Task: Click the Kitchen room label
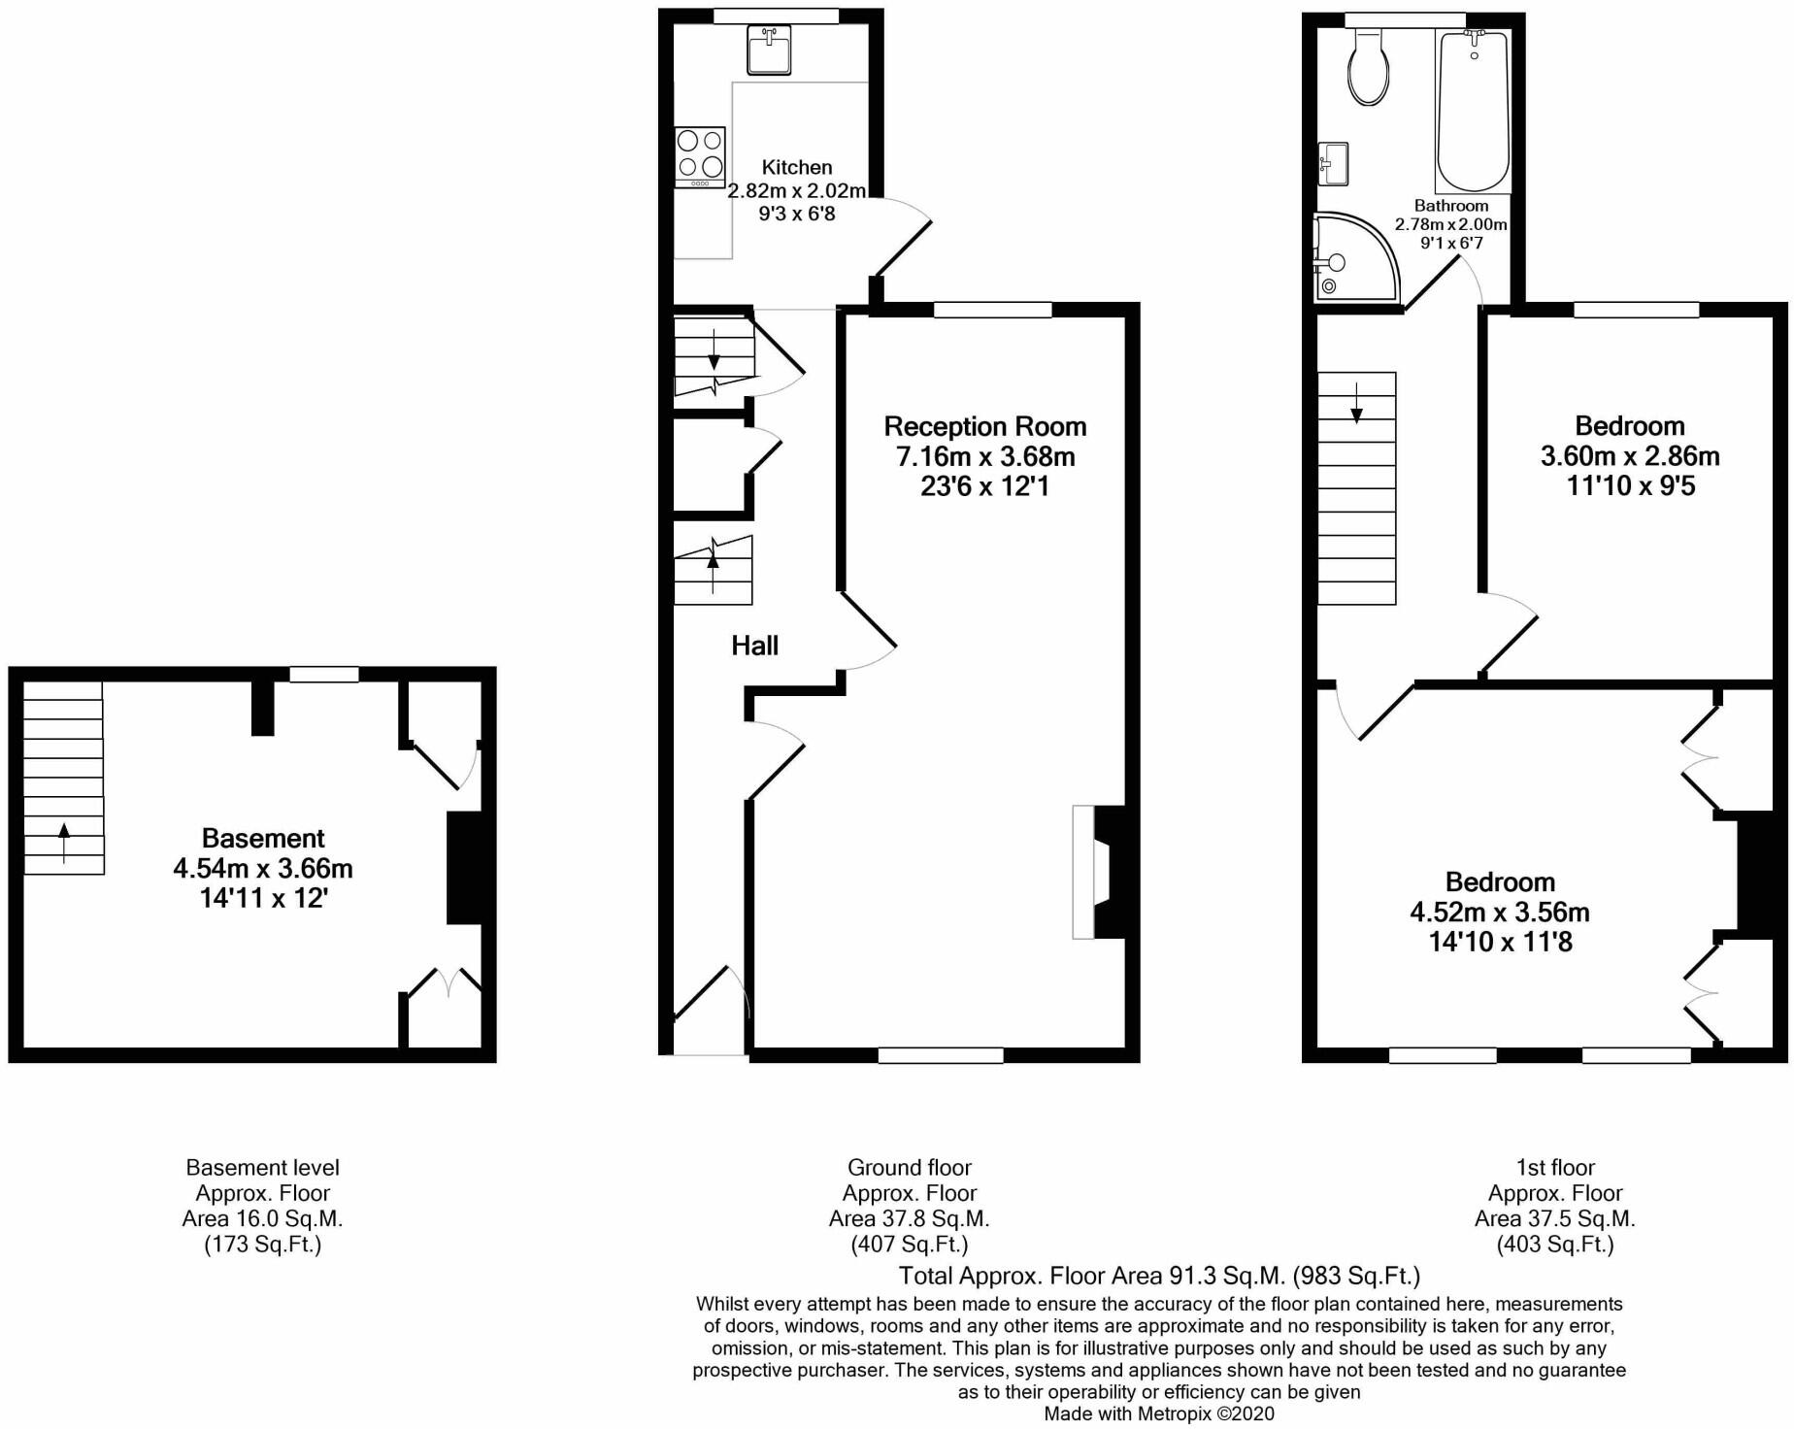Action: click(x=796, y=167)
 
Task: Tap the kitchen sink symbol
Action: click(x=769, y=50)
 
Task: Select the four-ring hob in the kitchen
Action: click(x=700, y=156)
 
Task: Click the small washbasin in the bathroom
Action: click(x=1334, y=163)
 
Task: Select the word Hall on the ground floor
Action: click(x=754, y=646)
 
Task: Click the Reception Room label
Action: click(x=984, y=426)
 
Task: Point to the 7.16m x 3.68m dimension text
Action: click(x=984, y=456)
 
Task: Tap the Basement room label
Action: click(x=263, y=838)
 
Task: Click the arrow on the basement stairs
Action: click(x=64, y=841)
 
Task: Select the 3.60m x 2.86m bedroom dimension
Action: click(x=1630, y=456)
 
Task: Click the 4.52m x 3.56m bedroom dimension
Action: click(x=1500, y=913)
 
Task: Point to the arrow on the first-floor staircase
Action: click(x=1356, y=401)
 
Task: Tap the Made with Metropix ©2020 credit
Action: click(x=1159, y=1413)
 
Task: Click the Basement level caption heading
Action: click(x=263, y=1168)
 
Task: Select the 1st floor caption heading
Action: click(x=1555, y=1168)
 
